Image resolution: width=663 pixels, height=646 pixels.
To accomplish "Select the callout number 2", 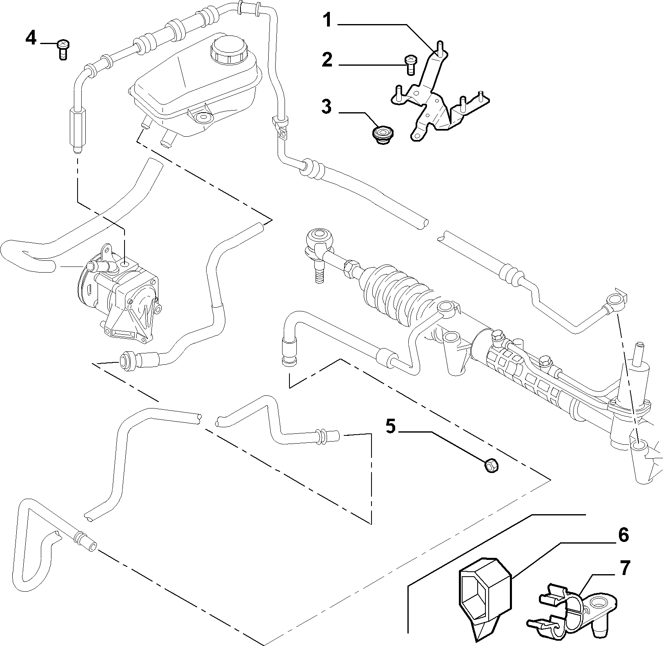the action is tap(327, 60).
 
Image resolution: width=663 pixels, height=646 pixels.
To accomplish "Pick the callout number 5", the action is tap(391, 427).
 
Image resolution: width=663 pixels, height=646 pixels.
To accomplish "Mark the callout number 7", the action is tap(625, 568).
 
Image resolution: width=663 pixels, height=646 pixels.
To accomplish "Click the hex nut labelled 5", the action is tap(491, 466).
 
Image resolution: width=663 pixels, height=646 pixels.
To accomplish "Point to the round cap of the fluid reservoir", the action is tap(227, 49).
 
